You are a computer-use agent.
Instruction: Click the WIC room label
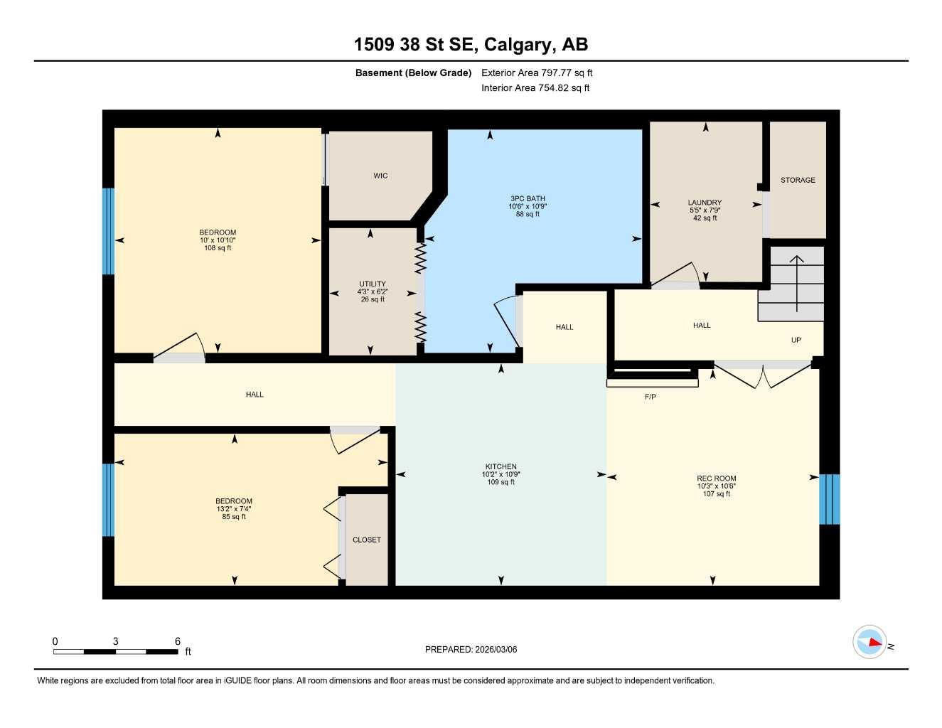[x=380, y=176]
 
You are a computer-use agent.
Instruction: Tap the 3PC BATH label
[x=528, y=199]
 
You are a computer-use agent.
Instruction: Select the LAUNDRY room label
[x=705, y=203]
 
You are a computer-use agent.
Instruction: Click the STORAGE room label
[x=798, y=180]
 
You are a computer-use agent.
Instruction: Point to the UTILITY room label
[x=372, y=284]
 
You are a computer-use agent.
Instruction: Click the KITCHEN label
[x=501, y=467]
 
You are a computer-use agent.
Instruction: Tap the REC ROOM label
[x=716, y=478]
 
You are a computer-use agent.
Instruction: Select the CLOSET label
[x=366, y=540]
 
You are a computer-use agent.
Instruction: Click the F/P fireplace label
[x=650, y=397]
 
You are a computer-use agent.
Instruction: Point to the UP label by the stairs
[x=796, y=340]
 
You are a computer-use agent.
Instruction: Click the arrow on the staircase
[x=796, y=282]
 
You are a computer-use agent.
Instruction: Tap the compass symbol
[x=869, y=643]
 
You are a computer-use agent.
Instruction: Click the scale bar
[x=116, y=651]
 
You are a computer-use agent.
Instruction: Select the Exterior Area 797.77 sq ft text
[x=537, y=73]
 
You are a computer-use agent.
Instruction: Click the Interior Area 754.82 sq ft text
[x=535, y=88]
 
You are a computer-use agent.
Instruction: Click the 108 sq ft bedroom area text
[x=218, y=248]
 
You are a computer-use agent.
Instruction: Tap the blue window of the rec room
[x=829, y=499]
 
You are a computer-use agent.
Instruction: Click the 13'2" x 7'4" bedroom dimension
[x=233, y=509]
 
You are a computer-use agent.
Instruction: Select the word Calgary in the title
[x=518, y=45]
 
